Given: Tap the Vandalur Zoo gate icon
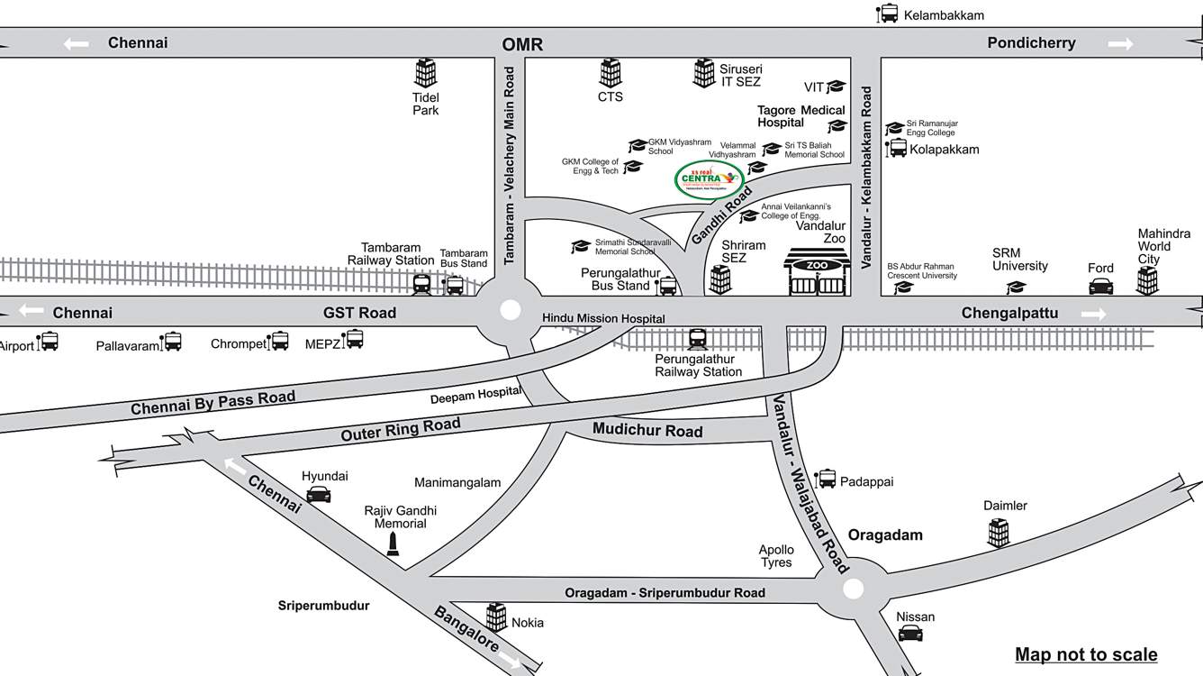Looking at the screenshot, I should pyautogui.click(x=817, y=273).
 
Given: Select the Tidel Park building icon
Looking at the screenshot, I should pyautogui.click(x=425, y=73).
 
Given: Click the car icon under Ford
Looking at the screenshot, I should pyautogui.click(x=1100, y=286).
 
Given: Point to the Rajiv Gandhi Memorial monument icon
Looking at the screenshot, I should pyautogui.click(x=392, y=543).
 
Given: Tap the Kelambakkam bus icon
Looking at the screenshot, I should pyautogui.click(x=888, y=14).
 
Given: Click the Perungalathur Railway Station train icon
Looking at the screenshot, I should pyautogui.click(x=698, y=339).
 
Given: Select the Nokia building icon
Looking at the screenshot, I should pyautogui.click(x=496, y=617).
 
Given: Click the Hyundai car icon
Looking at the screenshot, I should pyautogui.click(x=319, y=493).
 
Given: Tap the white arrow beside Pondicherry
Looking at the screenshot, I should pyautogui.click(x=1120, y=43).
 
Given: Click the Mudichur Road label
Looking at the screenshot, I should pyautogui.click(x=647, y=431).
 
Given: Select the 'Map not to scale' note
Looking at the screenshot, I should pyautogui.click(x=1086, y=654).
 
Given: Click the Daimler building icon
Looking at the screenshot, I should pyautogui.click(x=998, y=533).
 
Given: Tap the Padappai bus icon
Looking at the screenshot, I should pyautogui.click(x=826, y=479).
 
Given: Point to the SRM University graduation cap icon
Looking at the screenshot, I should pyautogui.click(x=1017, y=287).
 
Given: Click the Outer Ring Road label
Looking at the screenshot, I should pyautogui.click(x=401, y=429).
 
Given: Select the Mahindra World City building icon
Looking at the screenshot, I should pyautogui.click(x=1147, y=280).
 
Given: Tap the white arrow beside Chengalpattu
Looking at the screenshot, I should pyautogui.click(x=1094, y=314).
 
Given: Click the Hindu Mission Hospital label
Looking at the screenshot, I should pyautogui.click(x=603, y=318).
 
